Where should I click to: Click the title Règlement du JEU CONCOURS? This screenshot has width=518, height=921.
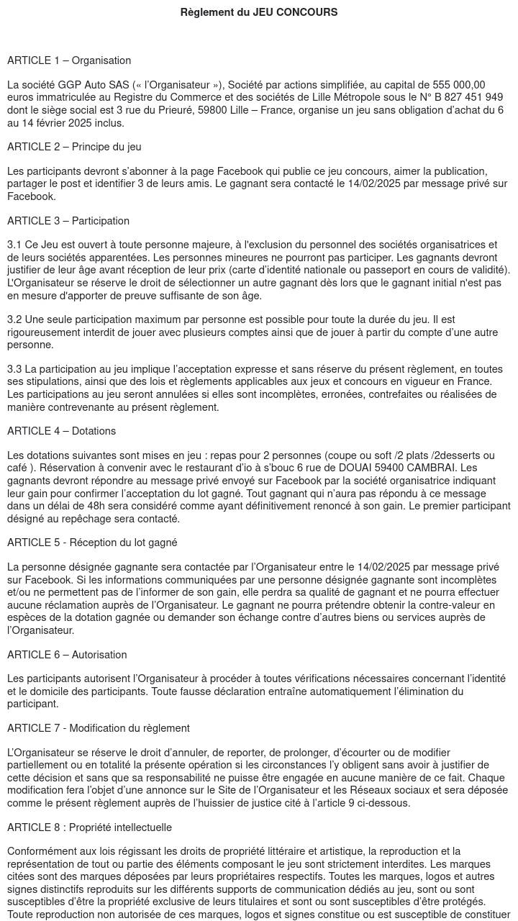click(x=259, y=12)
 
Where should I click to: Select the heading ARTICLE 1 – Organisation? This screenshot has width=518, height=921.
click(x=69, y=60)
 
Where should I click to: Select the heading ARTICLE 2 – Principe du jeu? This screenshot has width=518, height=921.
click(x=74, y=147)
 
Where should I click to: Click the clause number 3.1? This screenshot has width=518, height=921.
click(x=14, y=245)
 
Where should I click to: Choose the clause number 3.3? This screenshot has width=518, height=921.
click(x=14, y=369)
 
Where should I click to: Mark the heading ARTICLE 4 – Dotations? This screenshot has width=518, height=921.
click(x=61, y=431)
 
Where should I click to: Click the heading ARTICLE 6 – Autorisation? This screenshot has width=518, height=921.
click(x=67, y=655)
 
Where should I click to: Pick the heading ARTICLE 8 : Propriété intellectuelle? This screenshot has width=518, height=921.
click(x=89, y=827)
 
